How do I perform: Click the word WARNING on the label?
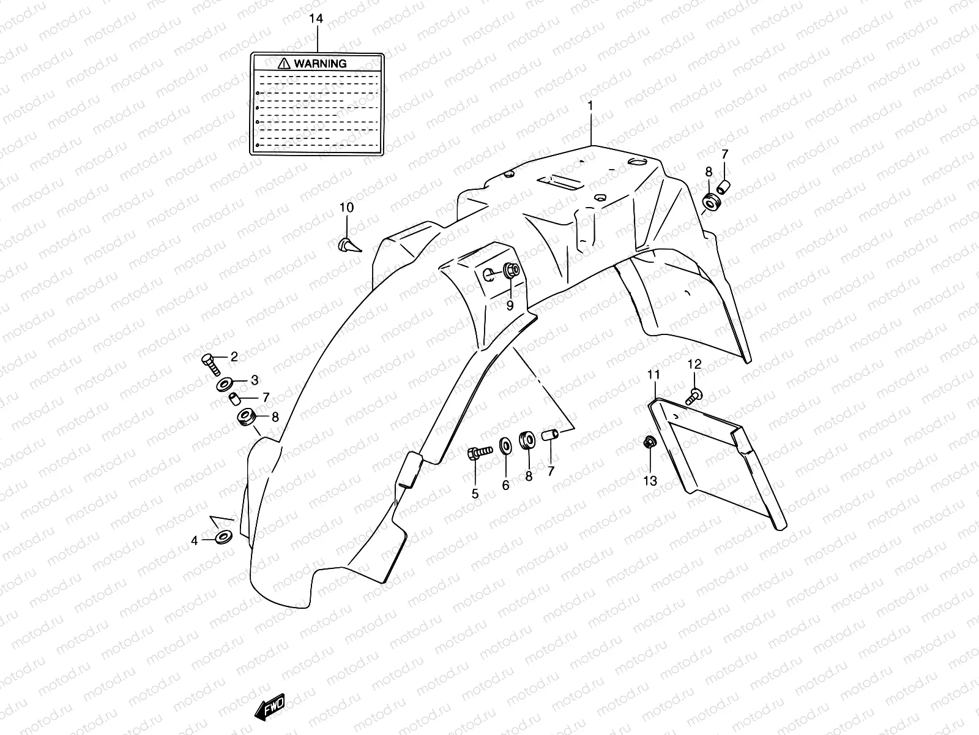320,63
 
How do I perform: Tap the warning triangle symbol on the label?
284,63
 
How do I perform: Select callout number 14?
316,19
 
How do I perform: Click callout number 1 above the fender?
590,105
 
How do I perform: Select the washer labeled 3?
224,385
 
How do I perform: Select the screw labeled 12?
694,396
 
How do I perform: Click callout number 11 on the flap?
653,375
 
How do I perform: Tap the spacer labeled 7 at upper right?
724,186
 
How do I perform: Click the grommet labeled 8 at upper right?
711,202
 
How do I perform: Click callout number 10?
346,208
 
